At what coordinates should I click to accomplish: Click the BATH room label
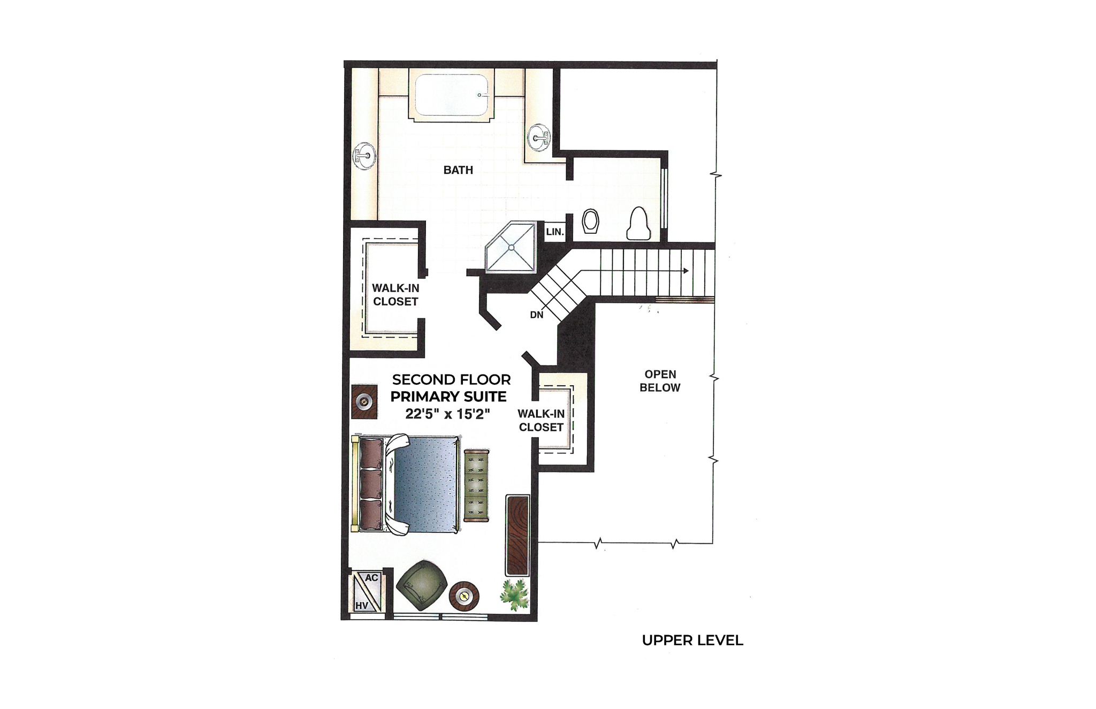[458, 170]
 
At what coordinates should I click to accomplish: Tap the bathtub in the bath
[451, 95]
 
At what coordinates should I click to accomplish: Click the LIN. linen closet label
[555, 232]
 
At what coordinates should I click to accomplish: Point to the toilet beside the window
[638, 224]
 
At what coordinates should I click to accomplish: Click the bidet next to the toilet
[590, 221]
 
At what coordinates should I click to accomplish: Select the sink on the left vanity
[364, 156]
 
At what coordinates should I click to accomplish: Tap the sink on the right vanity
[538, 138]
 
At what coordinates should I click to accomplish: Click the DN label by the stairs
[536, 315]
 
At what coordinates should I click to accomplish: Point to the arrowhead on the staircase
[686, 271]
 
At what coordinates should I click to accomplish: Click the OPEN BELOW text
[660, 381]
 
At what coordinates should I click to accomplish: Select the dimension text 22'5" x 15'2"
[447, 414]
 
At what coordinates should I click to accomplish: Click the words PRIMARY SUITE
[448, 397]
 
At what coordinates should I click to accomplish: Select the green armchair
[422, 585]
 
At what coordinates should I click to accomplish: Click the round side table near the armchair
[463, 596]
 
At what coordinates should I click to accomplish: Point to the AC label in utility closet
[371, 578]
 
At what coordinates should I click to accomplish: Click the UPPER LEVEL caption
[692, 641]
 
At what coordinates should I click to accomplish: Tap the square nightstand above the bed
[364, 401]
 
